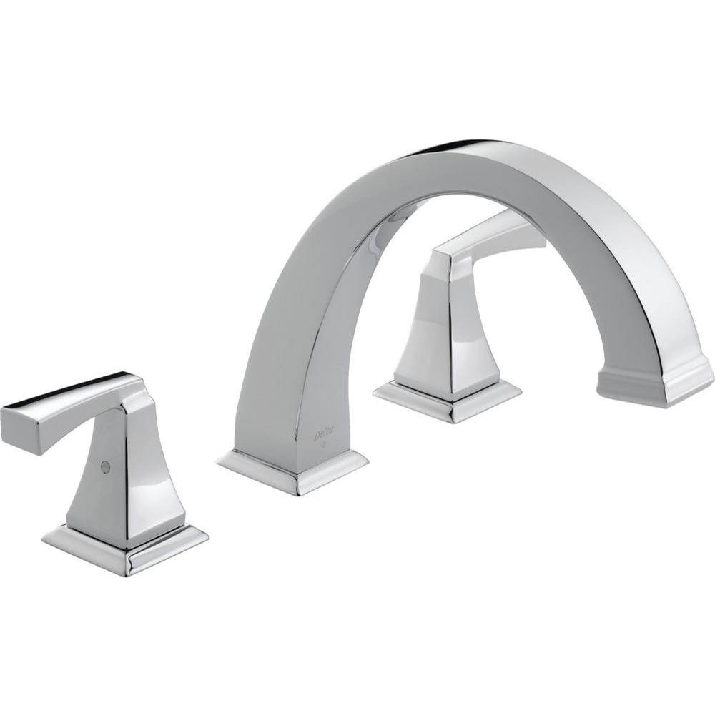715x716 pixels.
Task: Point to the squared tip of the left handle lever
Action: (14, 421)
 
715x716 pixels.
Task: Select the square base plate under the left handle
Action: (125, 547)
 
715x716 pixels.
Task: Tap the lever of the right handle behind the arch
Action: (493, 240)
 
